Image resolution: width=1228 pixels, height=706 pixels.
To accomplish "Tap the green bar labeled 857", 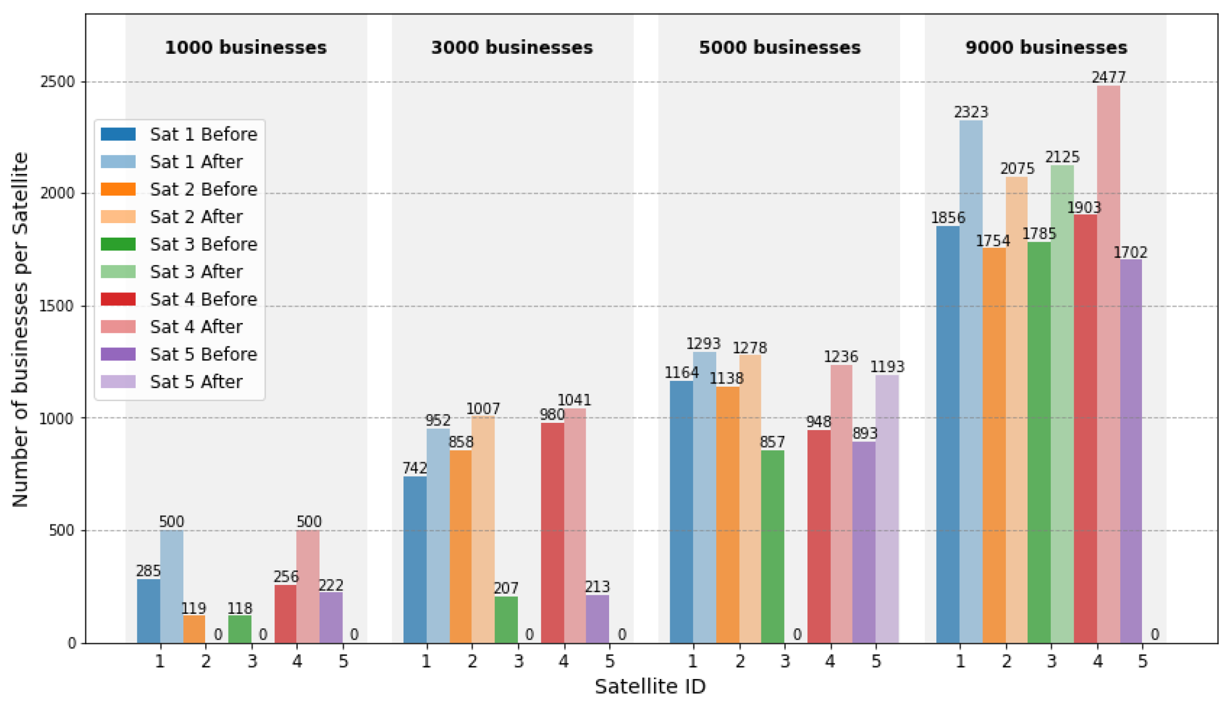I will [772, 546].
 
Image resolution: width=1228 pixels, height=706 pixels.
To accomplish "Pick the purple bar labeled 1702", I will [1131, 451].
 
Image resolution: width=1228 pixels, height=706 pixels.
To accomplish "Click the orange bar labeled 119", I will [194, 629].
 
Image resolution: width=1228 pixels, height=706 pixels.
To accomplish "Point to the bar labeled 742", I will [415, 560].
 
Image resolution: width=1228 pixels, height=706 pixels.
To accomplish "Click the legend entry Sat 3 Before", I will [204, 244].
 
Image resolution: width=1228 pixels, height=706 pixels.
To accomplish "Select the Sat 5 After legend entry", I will [196, 382].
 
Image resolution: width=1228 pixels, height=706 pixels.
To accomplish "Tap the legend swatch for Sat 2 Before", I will [119, 189].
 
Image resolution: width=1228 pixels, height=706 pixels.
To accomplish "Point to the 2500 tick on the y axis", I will [57, 82].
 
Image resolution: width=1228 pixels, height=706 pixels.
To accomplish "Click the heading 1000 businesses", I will [246, 48].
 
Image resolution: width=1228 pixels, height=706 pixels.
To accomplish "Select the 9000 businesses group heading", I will [1046, 48].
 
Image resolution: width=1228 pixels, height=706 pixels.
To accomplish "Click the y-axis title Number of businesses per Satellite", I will [20, 329].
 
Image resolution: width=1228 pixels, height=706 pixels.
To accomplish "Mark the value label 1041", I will [574, 400].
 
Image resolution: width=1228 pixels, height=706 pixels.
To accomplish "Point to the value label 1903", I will [1084, 208].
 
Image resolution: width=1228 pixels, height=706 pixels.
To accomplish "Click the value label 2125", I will [1062, 157].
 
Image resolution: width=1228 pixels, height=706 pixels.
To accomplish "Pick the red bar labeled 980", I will [552, 533].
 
